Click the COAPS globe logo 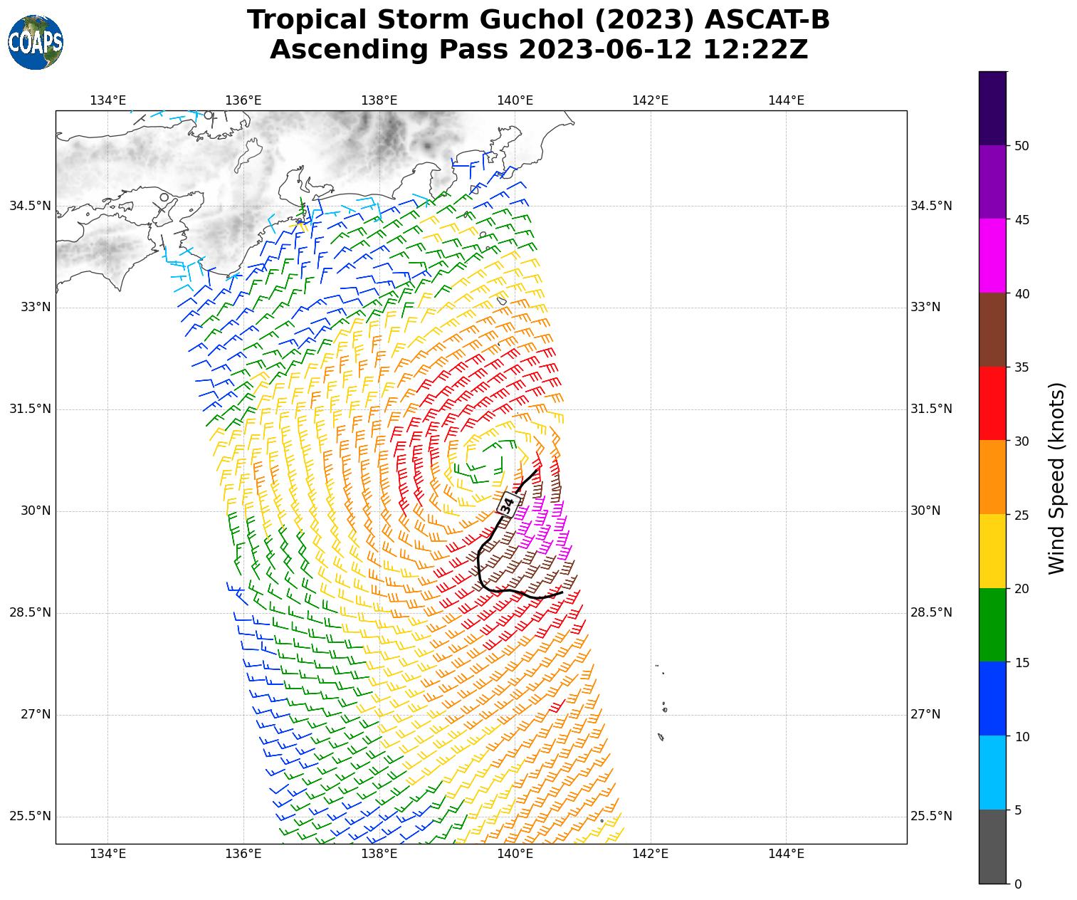[36, 42]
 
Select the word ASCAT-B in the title [767, 20]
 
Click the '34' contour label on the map [507, 504]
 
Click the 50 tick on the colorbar [1021, 146]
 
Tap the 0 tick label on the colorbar [1018, 884]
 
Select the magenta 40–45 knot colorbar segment [992, 256]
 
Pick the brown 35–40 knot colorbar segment [992, 330]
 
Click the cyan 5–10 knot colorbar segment [992, 773]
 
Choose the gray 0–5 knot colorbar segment [992, 847]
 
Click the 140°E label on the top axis [515, 100]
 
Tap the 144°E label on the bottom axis [786, 854]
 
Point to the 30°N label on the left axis [31, 511]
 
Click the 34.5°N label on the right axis [930, 206]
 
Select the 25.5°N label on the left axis [30, 816]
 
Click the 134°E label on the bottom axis [108, 854]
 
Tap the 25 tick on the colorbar [1021, 515]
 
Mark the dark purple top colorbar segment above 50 [992, 108]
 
